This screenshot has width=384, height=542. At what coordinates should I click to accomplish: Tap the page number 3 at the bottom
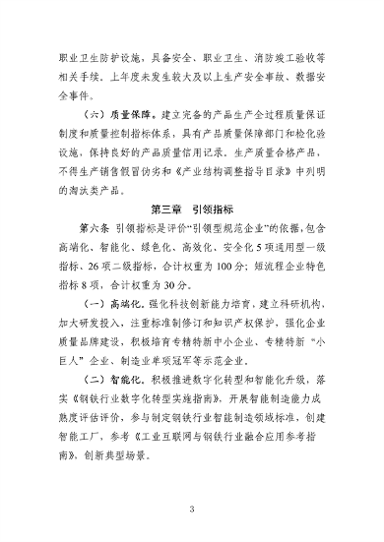(192, 508)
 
